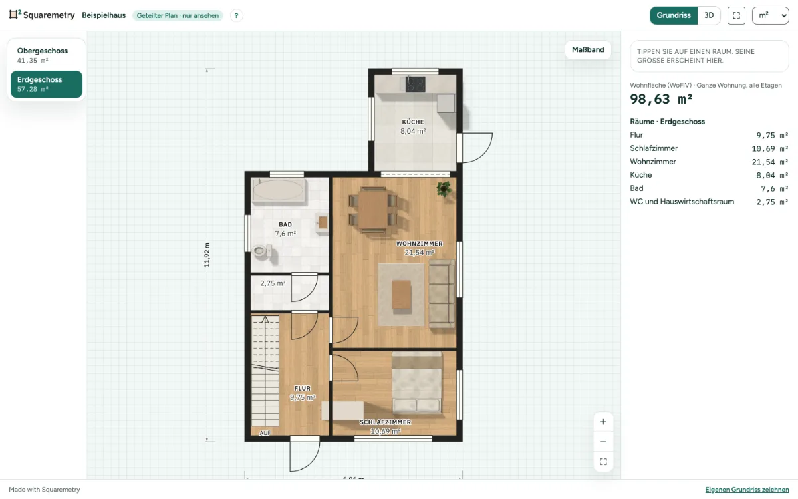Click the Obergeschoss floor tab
47,55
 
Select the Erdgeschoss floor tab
47,84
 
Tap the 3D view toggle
709,15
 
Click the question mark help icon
236,16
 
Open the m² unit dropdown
771,15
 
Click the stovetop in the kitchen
416,84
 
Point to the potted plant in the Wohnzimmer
444,188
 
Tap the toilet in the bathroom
262,251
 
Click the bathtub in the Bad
278,190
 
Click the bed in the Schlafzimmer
416,382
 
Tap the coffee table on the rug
401,295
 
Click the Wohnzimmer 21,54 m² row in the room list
709,162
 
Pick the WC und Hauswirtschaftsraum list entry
709,202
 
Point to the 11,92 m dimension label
207,255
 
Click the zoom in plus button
603,422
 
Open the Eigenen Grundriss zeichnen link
747,490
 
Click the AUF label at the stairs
265,433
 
